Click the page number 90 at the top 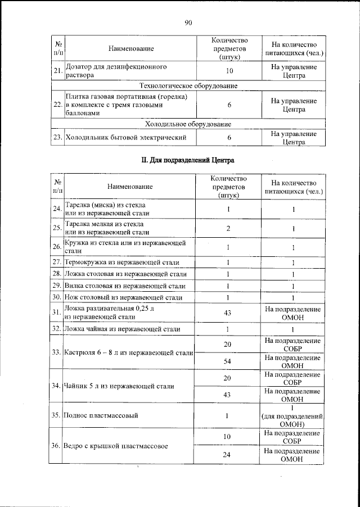click(188, 22)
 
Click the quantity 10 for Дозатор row click(229, 71)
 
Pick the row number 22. click(57, 105)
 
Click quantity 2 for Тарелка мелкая click(228, 228)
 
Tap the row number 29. click(57, 285)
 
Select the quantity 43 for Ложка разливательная click(228, 313)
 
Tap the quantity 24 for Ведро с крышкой click(228, 455)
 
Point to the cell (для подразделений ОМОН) click(292, 417)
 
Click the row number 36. click(57, 446)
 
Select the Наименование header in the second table click(130, 187)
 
